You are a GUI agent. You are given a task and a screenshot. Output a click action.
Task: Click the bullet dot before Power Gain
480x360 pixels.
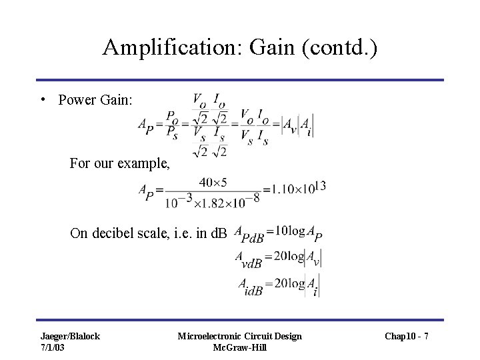pyautogui.click(x=42, y=99)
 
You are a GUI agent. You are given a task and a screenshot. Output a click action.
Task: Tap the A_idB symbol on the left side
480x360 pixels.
pyautogui.click(x=250, y=285)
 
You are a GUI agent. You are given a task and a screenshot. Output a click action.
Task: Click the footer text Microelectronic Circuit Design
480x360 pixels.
pyautogui.click(x=240, y=335)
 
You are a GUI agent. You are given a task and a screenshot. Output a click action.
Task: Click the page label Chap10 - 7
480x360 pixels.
pyautogui.click(x=407, y=335)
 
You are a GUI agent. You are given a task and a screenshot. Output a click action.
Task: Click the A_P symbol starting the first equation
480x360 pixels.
pyautogui.click(x=145, y=125)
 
